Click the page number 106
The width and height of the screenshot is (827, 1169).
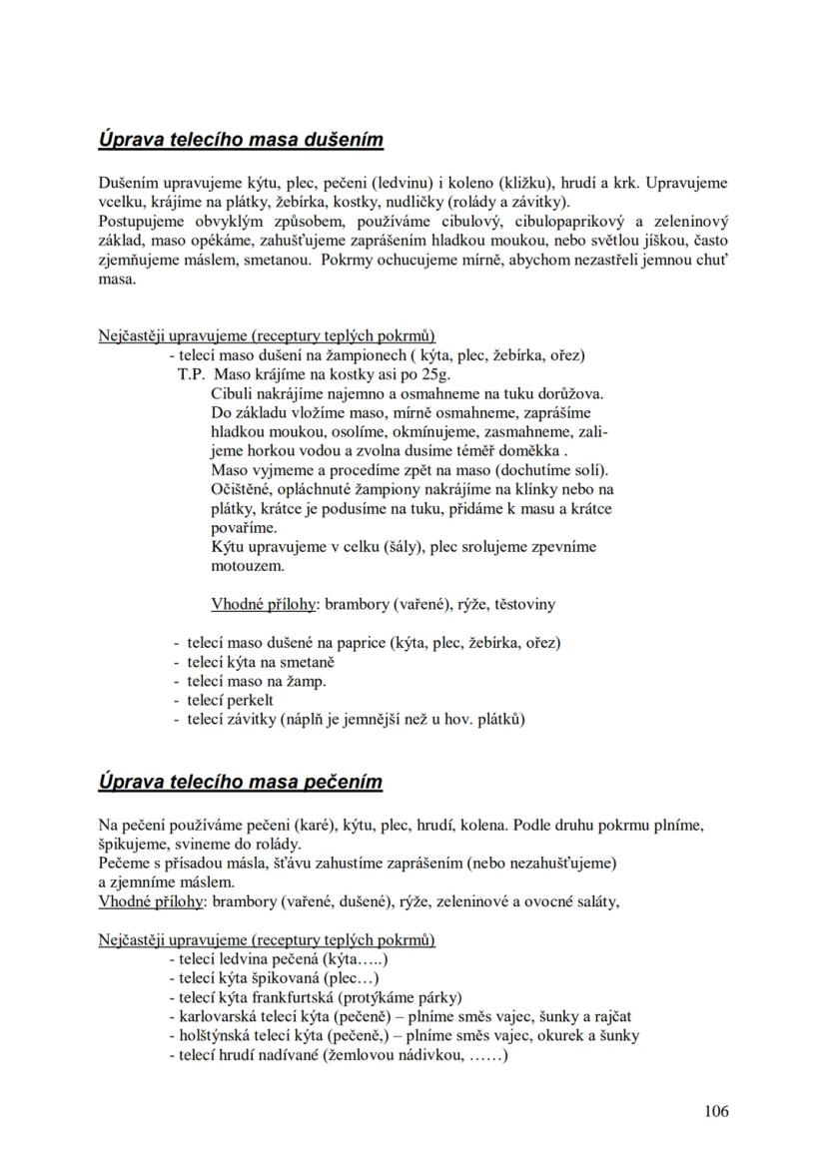[715, 1111]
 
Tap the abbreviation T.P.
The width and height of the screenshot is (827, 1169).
[191, 375]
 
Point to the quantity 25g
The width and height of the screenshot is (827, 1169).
[431, 375]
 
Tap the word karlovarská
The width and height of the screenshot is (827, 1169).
[219, 1016]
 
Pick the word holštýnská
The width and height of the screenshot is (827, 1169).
[217, 1035]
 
